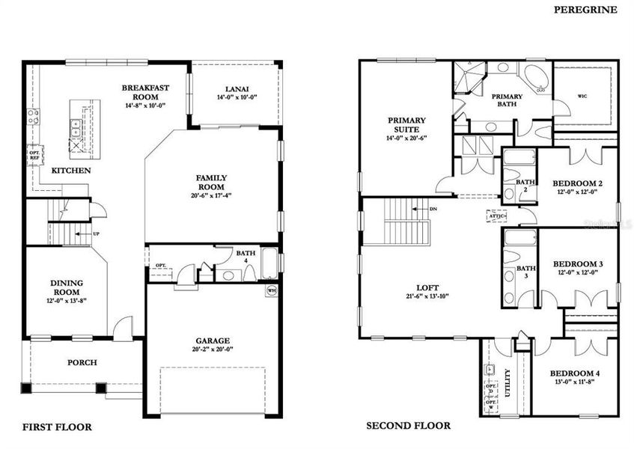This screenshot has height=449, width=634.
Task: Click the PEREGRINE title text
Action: tap(585, 9)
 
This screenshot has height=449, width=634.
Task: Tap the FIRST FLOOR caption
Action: tap(57, 427)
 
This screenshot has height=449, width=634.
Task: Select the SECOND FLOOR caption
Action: tap(408, 426)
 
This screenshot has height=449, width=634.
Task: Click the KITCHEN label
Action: tap(71, 171)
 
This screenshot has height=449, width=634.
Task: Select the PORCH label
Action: tap(82, 363)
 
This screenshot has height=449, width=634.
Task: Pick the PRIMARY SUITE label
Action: tap(406, 125)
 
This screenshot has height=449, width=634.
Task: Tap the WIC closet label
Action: tap(582, 96)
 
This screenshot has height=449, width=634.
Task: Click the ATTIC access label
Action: tap(497, 216)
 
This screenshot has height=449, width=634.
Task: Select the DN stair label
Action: tap(433, 210)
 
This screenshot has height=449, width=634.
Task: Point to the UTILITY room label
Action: tap(508, 381)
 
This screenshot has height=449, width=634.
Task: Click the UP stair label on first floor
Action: tap(95, 233)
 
